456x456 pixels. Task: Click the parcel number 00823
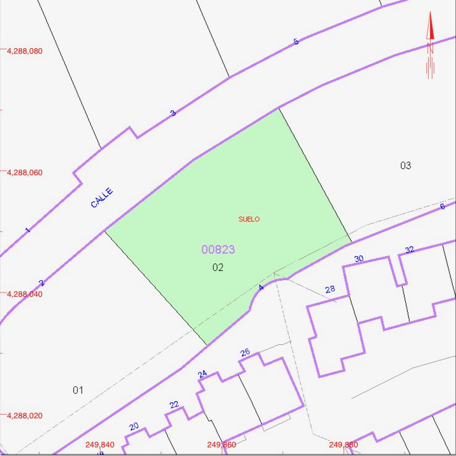click(218, 249)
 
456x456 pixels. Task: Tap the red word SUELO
click(249, 219)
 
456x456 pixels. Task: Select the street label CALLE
click(102, 198)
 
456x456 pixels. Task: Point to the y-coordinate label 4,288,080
click(25, 51)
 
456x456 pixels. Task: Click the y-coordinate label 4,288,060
click(25, 173)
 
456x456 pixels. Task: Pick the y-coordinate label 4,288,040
click(25, 294)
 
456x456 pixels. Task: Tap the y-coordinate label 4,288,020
click(25, 416)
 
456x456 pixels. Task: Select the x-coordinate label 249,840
click(99, 445)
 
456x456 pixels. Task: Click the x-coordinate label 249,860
click(221, 445)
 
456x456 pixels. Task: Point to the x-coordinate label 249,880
click(344, 445)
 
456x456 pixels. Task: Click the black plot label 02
click(217, 267)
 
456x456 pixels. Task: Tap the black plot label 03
click(405, 165)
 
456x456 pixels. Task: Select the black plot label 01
click(78, 390)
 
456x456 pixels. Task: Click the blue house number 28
click(330, 289)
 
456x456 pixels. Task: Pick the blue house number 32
click(410, 250)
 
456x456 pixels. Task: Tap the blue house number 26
click(245, 352)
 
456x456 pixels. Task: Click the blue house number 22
click(174, 405)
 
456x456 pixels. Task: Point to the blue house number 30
click(359, 259)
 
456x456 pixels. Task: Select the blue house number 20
click(134, 426)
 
